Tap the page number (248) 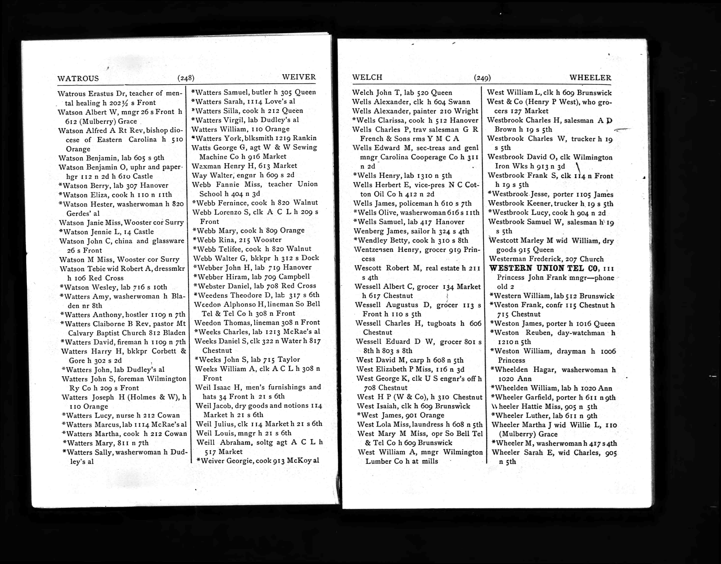(x=186, y=78)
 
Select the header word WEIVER (x=299, y=77)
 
